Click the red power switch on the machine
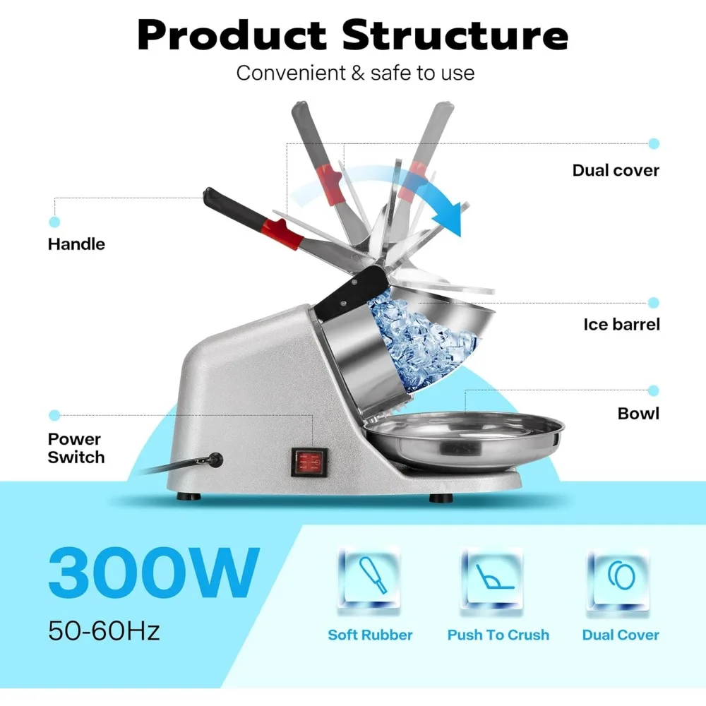coord(309,462)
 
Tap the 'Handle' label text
coord(76,244)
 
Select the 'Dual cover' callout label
coord(616,170)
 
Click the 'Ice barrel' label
coord(621,324)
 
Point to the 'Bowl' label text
coord(638,413)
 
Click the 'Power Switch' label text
coord(76,448)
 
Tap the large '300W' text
coord(154,572)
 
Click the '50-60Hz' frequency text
coord(104,630)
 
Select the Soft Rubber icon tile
coord(369,580)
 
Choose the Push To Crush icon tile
coord(491,580)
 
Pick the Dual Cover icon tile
coord(618,580)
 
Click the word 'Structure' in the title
coord(455,35)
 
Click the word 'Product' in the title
coord(232,35)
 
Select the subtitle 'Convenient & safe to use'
coord(355,73)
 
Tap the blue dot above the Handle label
coord(54,222)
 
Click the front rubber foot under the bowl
coord(441,498)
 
